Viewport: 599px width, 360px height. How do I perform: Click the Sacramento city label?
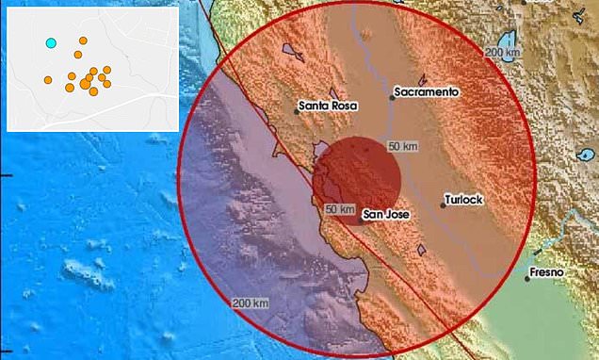click(427, 92)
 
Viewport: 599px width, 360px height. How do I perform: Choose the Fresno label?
click(547, 272)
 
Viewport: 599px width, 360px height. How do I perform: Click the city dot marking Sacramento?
click(392, 97)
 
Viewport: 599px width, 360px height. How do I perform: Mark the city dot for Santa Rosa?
click(298, 113)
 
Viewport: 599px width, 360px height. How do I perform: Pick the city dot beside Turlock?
click(444, 205)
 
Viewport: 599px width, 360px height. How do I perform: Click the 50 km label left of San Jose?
click(338, 208)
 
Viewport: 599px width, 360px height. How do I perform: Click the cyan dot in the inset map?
click(52, 42)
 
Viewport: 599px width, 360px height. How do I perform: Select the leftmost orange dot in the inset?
click(47, 80)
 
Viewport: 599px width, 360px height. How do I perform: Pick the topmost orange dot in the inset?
click(83, 41)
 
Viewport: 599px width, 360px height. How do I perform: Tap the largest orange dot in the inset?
click(86, 84)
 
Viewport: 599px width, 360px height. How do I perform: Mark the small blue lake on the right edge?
click(590, 154)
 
